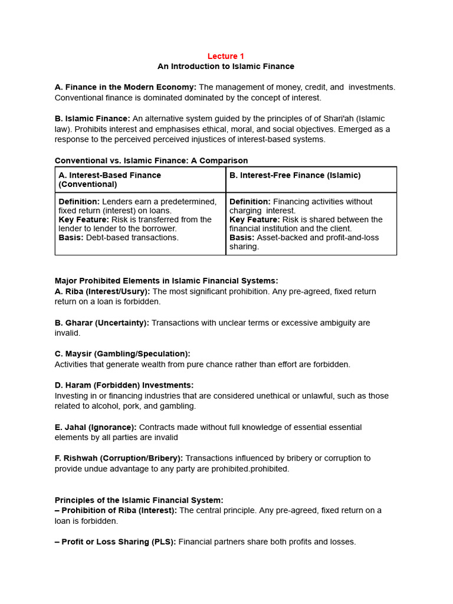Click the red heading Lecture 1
tap(225, 56)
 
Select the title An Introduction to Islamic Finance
tap(225, 67)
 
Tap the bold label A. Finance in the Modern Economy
tap(125, 87)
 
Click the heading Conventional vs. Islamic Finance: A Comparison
tap(151, 160)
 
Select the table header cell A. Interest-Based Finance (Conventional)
tap(110, 179)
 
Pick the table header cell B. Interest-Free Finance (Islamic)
tap(295, 175)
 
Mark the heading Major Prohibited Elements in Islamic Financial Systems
tap(166, 281)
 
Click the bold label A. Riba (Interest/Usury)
tap(103, 291)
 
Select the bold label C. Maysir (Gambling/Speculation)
tap(122, 354)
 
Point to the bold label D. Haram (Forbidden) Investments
tap(124, 385)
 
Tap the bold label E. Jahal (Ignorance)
tap(96, 427)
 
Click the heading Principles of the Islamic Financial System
tap(139, 500)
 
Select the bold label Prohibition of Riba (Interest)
tap(116, 510)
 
